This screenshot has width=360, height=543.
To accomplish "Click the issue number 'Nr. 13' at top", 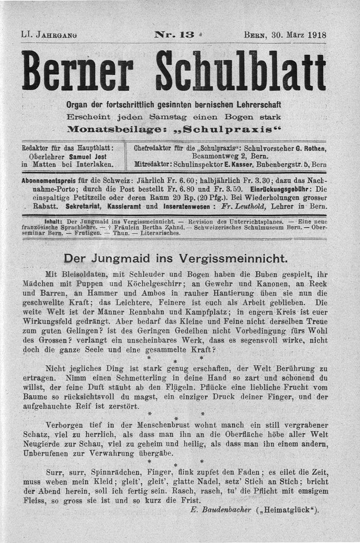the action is click(x=174, y=34).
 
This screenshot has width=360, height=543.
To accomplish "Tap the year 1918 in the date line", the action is click(x=317, y=35).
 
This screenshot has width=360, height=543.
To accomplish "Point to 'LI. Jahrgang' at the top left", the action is click(x=49, y=35).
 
